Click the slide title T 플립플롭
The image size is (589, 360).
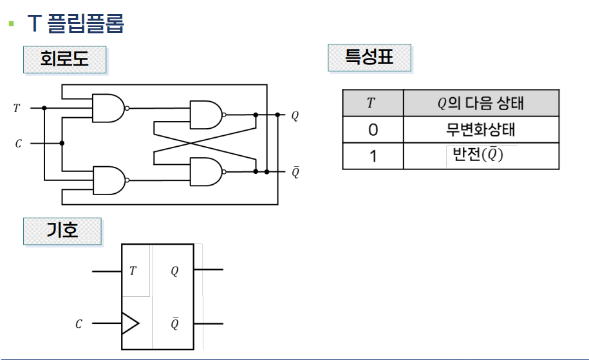(75, 24)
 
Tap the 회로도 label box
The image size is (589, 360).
(64, 60)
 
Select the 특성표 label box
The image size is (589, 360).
(369, 58)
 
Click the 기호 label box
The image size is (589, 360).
(62, 231)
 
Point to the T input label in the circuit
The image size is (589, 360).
(17, 108)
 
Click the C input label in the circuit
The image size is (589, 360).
(18, 144)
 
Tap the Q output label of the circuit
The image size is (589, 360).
(295, 116)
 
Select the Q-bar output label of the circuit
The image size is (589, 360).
(295, 172)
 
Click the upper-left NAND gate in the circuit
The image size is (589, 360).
(109, 108)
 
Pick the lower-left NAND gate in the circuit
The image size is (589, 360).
(109, 180)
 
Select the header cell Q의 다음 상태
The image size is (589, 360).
(480, 103)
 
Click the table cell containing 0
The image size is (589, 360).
(373, 130)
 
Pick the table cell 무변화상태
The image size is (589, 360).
(480, 130)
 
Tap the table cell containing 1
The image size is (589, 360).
(373, 156)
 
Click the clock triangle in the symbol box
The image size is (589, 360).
(129, 323)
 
